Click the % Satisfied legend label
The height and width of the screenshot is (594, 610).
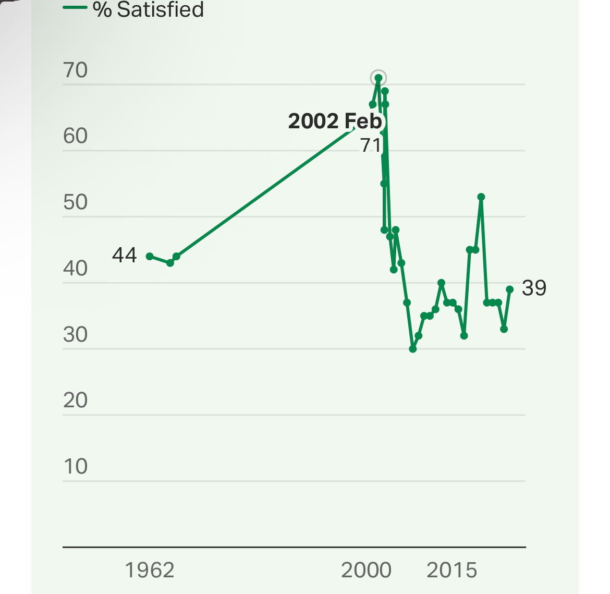point(148,9)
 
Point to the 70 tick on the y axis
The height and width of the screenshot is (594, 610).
point(76,70)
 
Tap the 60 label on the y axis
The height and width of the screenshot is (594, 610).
point(76,136)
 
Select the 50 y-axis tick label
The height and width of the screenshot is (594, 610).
point(76,202)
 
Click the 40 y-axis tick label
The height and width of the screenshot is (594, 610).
point(76,269)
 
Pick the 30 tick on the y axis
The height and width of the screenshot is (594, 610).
point(76,335)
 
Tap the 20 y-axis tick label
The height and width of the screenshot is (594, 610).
point(76,401)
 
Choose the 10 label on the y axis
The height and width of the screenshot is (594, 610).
point(76,467)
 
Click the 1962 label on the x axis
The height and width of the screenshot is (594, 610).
point(150,570)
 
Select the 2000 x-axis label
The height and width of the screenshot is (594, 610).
point(366,570)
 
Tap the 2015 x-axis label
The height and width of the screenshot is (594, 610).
point(452,570)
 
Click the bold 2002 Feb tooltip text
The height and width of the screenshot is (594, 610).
point(335,121)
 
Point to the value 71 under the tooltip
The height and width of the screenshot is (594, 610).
point(371,145)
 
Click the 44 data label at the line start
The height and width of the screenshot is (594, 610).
point(125,255)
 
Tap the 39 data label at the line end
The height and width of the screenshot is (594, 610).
point(534,288)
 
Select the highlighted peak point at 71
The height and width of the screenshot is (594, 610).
point(379,78)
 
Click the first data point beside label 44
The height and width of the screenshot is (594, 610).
point(150,257)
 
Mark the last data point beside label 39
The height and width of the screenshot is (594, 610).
point(510,289)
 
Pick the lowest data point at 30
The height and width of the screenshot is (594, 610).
point(413,349)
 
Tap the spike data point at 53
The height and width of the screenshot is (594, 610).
point(481,197)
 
